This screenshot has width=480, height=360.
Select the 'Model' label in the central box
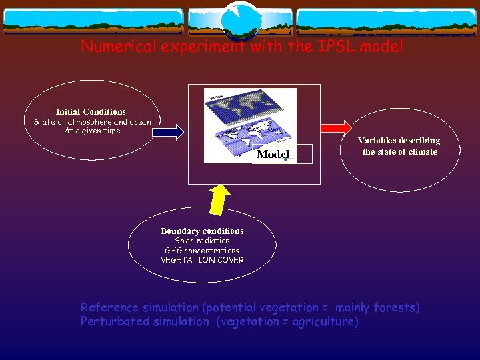pos(273,154)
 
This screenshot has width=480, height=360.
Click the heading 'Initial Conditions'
pos(91,111)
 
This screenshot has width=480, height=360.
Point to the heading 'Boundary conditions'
pos(202,231)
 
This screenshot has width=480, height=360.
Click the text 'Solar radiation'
pos(202,241)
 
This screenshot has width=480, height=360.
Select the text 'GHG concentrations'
pos(202,251)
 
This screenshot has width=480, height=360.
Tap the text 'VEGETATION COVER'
pos(202,260)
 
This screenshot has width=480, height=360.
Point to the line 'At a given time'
pos(92,131)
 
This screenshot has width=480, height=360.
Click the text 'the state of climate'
pos(400,152)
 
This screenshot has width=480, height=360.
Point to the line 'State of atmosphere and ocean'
pos(92,122)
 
